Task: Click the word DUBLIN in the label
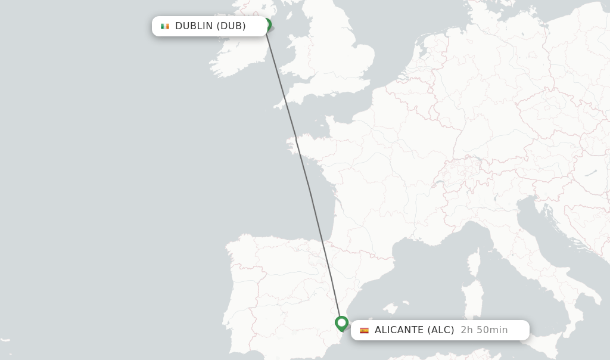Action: tap(194, 26)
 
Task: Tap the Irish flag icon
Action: tap(165, 26)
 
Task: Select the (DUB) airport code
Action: tap(231, 26)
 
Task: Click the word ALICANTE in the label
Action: tap(399, 330)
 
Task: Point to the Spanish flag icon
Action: tap(364, 330)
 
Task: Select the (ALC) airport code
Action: tap(441, 330)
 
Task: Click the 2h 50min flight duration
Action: tap(484, 330)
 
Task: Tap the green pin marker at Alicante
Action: tap(341, 323)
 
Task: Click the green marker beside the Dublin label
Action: tap(267, 25)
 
